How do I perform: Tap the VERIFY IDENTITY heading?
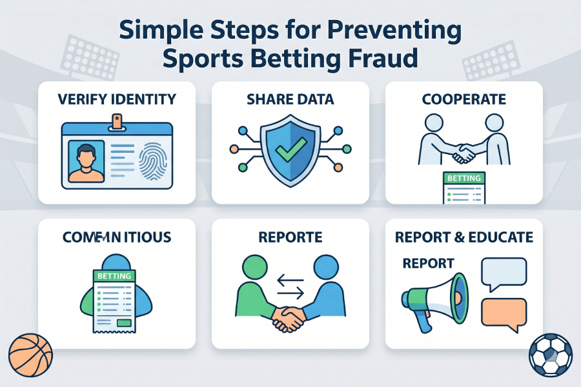pyautogui.click(x=116, y=99)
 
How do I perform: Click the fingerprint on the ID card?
pyautogui.click(x=153, y=158)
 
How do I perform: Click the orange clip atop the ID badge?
pyautogui.click(x=116, y=121)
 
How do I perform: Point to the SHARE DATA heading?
pyautogui.click(x=290, y=99)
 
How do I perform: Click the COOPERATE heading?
pyautogui.click(x=464, y=99)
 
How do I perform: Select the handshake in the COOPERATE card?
pyautogui.click(x=464, y=153)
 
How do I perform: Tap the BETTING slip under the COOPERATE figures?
pyautogui.click(x=464, y=188)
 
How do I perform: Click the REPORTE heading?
pyautogui.click(x=290, y=237)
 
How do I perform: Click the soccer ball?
pyautogui.click(x=551, y=354)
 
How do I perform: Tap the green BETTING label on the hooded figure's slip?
pyautogui.click(x=114, y=276)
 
